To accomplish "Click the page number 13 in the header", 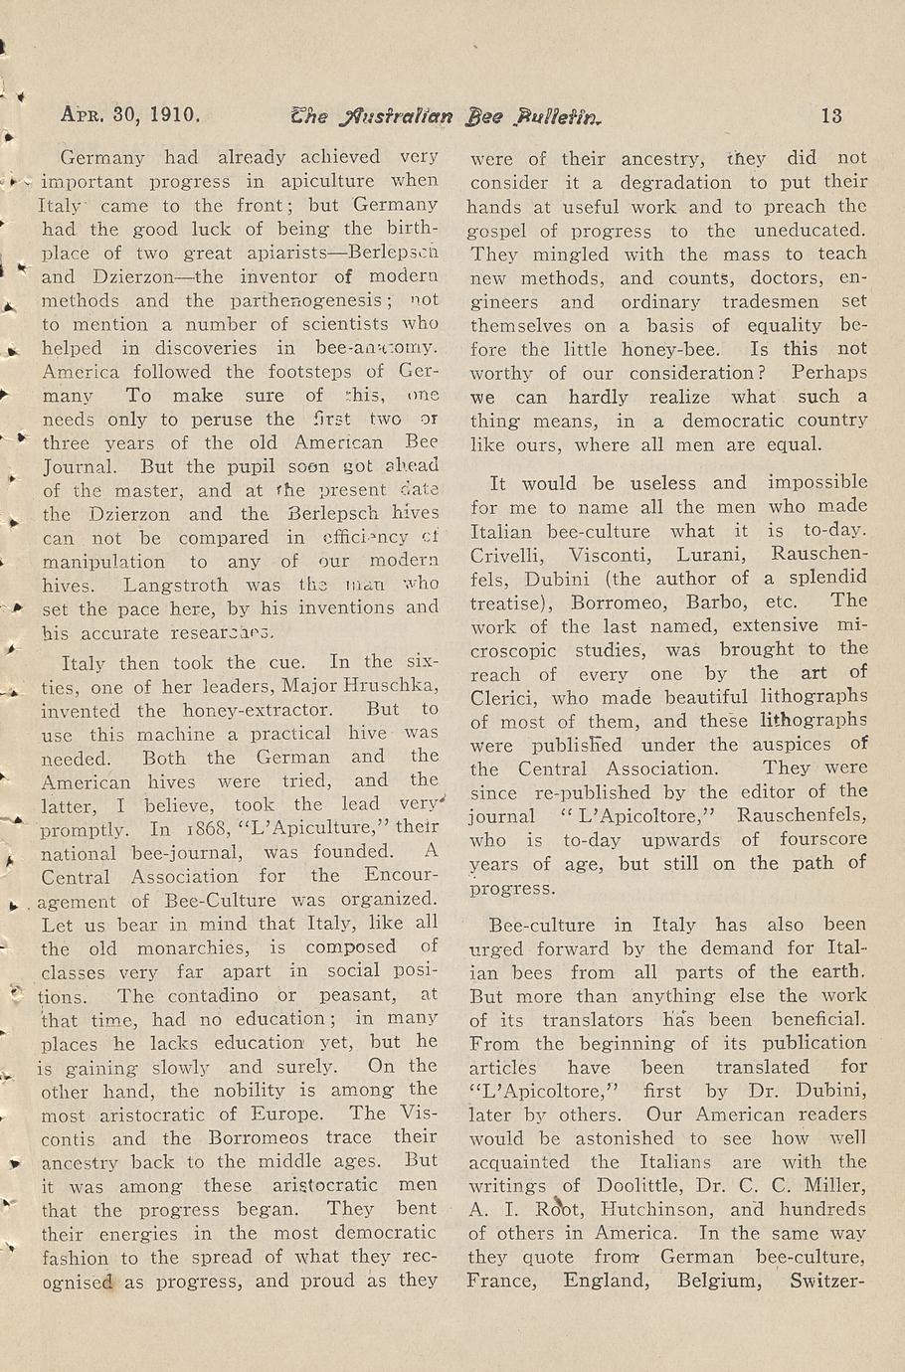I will pyautogui.click(x=831, y=115).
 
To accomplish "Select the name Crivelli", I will pyautogui.click(x=506, y=555).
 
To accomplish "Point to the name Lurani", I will pyautogui.click(x=708, y=555).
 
